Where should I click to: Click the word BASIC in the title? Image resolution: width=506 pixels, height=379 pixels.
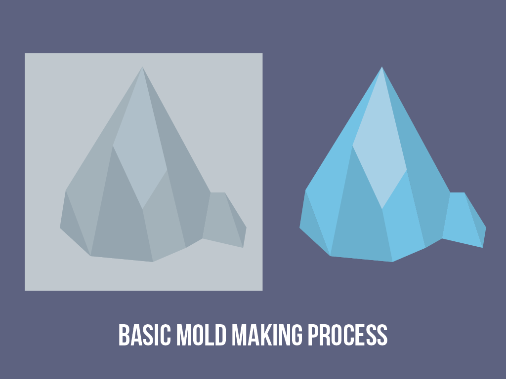click(145, 335)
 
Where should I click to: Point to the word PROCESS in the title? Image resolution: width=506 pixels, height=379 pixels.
click(348, 335)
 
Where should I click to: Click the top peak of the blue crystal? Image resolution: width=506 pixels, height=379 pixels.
click(382, 67)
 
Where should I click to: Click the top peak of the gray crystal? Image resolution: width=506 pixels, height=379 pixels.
click(142, 67)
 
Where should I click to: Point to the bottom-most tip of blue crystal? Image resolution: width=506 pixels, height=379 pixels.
click(392, 262)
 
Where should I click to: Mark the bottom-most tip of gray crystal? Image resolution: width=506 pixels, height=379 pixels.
click(153, 262)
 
